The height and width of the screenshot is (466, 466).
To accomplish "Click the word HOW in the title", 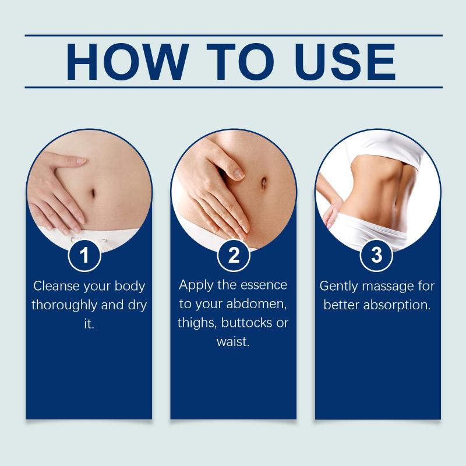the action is [x=127, y=62].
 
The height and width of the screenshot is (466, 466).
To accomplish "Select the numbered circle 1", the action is [x=84, y=255].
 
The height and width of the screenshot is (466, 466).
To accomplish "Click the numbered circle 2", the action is [x=234, y=255].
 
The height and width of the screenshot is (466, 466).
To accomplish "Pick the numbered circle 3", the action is [x=376, y=255].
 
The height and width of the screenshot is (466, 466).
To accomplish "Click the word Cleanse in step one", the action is [x=57, y=286].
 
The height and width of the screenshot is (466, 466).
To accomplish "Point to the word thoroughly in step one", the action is [x=65, y=305].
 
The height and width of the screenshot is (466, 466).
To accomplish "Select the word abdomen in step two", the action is [x=256, y=304].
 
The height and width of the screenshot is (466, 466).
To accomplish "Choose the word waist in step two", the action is [x=232, y=342].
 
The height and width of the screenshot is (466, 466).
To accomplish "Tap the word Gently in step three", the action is [x=338, y=287].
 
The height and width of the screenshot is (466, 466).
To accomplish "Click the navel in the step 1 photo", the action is [x=93, y=193].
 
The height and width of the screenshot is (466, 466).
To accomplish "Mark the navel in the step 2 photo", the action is [x=264, y=182].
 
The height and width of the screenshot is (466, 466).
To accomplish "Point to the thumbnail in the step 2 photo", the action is [x=238, y=174].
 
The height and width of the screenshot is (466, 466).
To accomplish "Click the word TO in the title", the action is [x=240, y=62].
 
